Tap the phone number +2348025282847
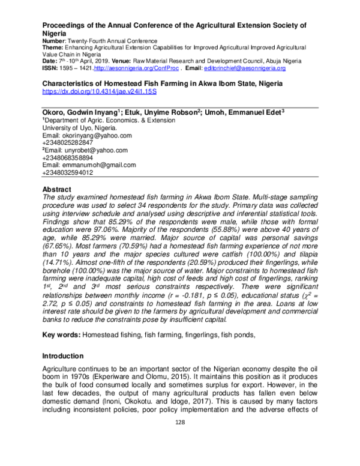[x=68, y=143]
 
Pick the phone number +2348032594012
[x=68, y=172]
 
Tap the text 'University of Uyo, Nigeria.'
[x=80, y=129]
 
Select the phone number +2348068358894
[x=68, y=157]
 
